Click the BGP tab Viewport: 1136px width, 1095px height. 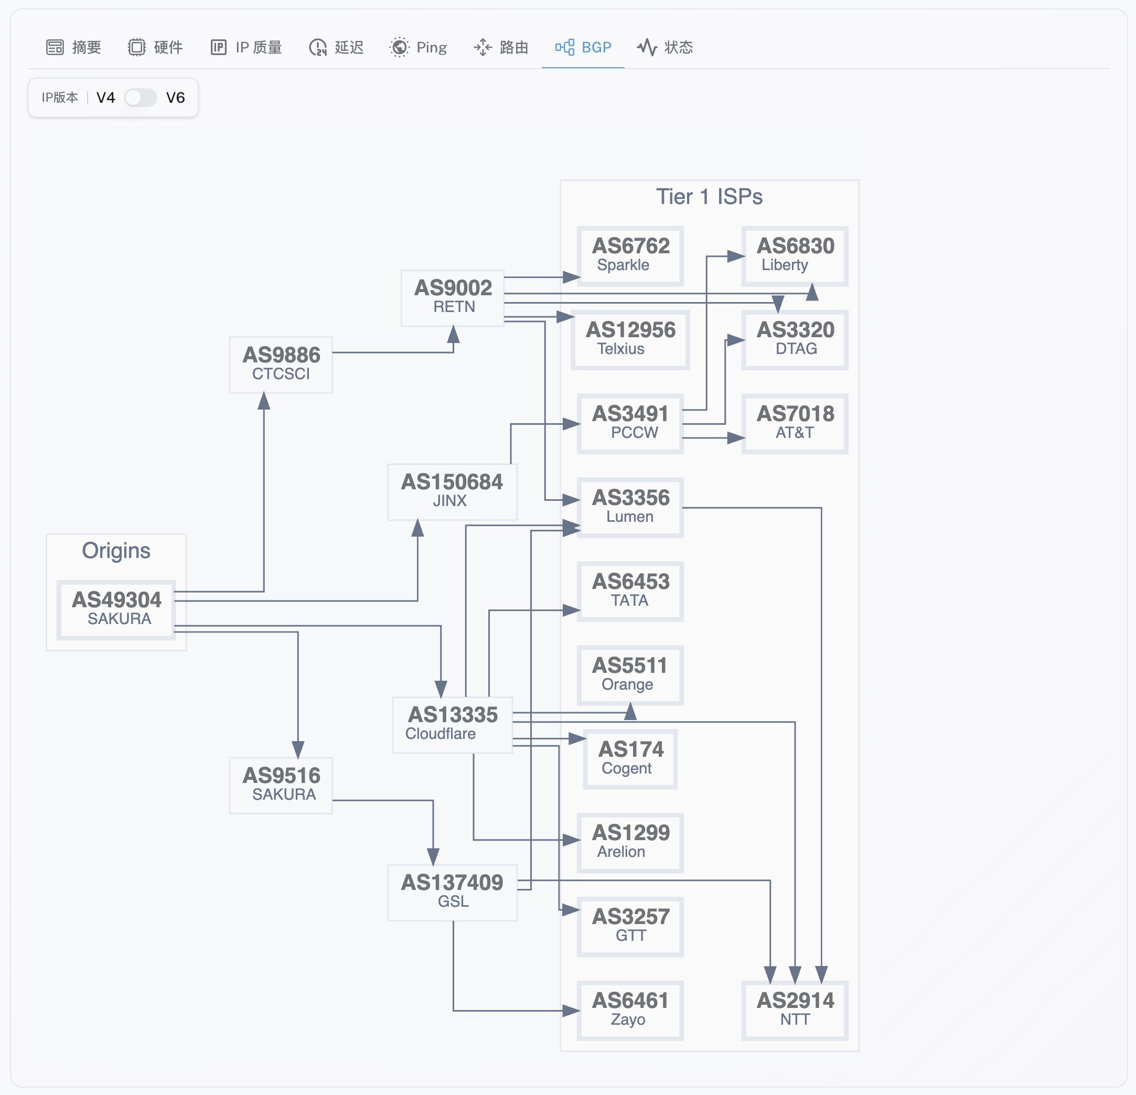pyautogui.click(x=583, y=47)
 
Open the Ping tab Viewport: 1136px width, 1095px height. pyautogui.click(x=419, y=47)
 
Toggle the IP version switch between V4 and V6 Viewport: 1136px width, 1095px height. pyautogui.click(x=140, y=98)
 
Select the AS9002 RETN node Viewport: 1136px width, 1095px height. pyautogui.click(x=453, y=297)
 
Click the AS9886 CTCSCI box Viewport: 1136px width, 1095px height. pyautogui.click(x=281, y=364)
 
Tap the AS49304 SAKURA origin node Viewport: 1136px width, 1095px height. pyautogui.click(x=116, y=609)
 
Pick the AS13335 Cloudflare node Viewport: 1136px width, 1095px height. pyautogui.click(x=452, y=724)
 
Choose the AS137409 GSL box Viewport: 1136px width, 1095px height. pyautogui.click(x=452, y=892)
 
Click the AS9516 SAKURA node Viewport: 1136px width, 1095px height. pyautogui.click(x=281, y=785)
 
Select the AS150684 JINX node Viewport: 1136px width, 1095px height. pyautogui.click(x=452, y=491)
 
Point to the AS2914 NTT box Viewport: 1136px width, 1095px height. pyautogui.click(x=795, y=1010)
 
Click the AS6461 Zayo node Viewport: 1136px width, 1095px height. pyautogui.click(x=630, y=1010)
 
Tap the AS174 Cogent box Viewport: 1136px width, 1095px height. pyautogui.click(x=630, y=759)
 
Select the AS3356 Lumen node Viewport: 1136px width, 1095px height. pyautogui.click(x=630, y=507)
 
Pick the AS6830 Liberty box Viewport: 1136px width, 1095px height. pyautogui.click(x=795, y=255)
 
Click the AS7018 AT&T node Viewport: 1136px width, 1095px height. pyautogui.click(x=795, y=423)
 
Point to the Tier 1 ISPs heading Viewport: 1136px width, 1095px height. pyautogui.click(x=709, y=197)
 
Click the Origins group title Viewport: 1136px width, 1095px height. pyautogui.click(x=116, y=550)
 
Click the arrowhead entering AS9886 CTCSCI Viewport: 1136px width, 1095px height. pyautogui.click(x=264, y=401)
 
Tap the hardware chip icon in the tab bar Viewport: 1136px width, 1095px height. pyautogui.click(x=136, y=47)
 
